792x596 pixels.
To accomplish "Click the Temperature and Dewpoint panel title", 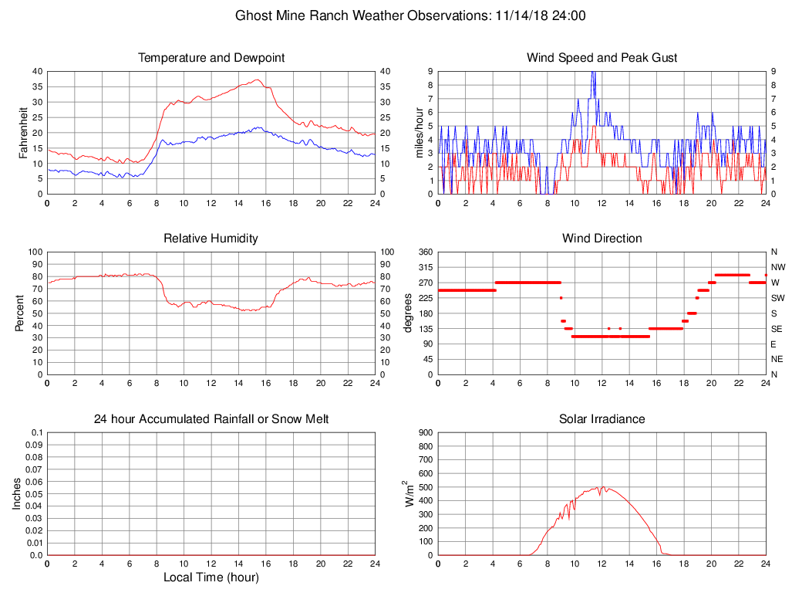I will pos(211,58).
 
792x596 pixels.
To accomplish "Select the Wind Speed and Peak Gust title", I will pos(602,58).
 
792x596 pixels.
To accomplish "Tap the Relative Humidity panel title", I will pos(211,239).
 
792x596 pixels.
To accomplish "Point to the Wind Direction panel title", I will pos(602,239).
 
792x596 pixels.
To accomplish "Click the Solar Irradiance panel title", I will pos(602,419).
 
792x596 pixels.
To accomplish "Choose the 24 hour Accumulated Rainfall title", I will pos(211,419).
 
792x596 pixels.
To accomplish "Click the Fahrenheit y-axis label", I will pos(23,133).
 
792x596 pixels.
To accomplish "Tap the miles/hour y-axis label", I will pos(420,133).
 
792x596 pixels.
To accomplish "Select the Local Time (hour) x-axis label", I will pos(211,577).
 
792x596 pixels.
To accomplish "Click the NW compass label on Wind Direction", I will pos(777,267).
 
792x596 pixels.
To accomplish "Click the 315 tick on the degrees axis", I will pos(423,267).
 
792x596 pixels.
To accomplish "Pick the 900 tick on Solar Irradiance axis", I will pos(426,432).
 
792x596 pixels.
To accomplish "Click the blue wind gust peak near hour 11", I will pos(592,72).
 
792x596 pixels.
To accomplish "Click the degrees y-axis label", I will pos(408,313).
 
